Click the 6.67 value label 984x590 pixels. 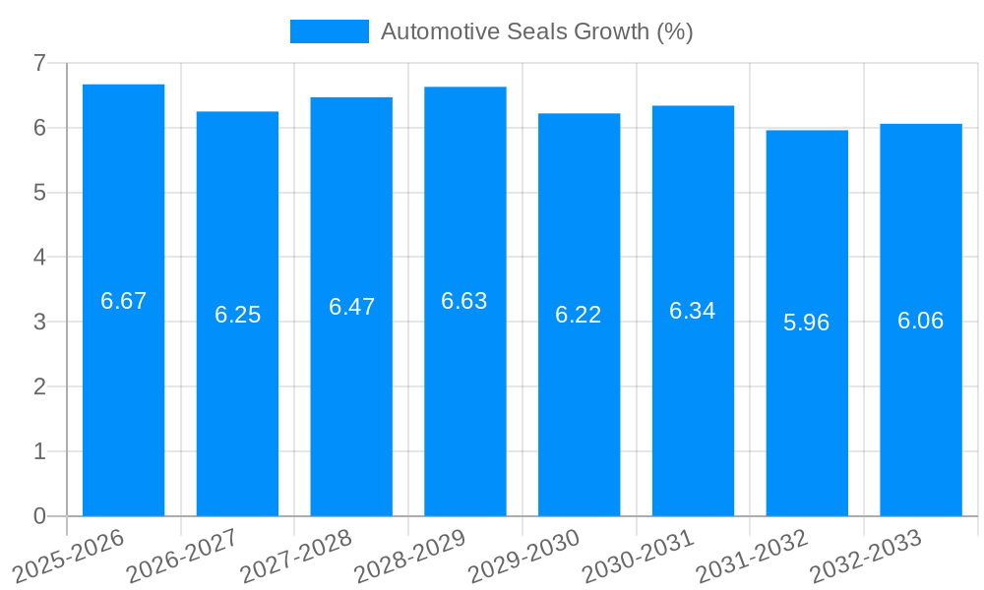point(123,301)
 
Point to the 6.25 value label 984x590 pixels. point(237,315)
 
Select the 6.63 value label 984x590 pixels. point(464,301)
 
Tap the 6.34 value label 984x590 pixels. point(693,311)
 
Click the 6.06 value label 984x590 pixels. point(921,321)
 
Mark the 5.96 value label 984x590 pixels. point(807,323)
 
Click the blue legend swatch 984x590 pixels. point(329,31)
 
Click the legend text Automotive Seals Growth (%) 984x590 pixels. point(537,31)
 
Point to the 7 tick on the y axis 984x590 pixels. point(39,63)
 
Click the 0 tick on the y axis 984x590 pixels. point(39,516)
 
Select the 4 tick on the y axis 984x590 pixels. point(39,258)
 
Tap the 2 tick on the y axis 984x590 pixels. point(39,386)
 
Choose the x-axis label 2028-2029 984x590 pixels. point(408,556)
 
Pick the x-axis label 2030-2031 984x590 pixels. point(637,556)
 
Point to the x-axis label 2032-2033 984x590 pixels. point(865,556)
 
